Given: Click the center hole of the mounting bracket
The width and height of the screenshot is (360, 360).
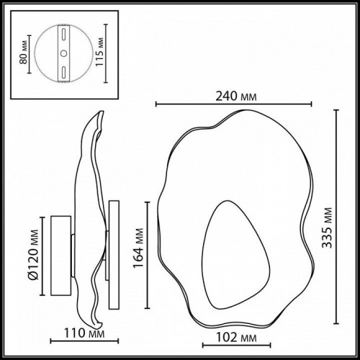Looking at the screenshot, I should point(63,53).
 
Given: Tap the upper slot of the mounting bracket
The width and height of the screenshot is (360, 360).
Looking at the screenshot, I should point(63,36).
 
